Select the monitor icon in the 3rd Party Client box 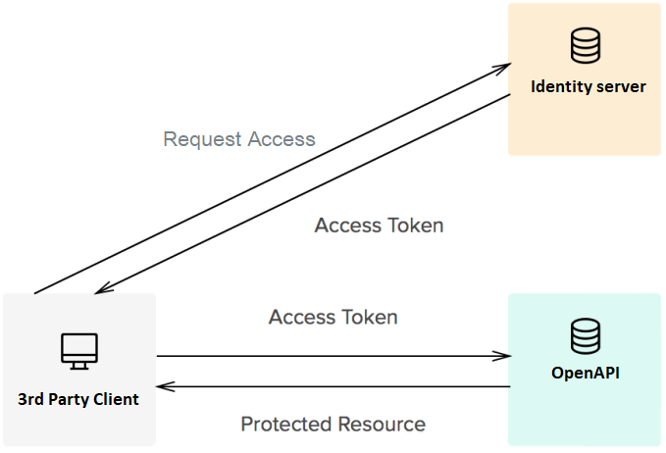coord(78,350)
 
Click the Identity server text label coord(588,86)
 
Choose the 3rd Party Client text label coord(78,399)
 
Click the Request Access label coord(239,138)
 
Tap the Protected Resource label coord(333,424)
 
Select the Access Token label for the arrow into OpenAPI coord(333,317)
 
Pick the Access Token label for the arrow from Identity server coord(379,225)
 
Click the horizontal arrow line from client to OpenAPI coord(333,356)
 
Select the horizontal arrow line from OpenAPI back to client coord(333,386)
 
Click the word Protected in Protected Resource coord(285,424)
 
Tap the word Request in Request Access coord(200,138)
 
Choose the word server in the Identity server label coord(620,86)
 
